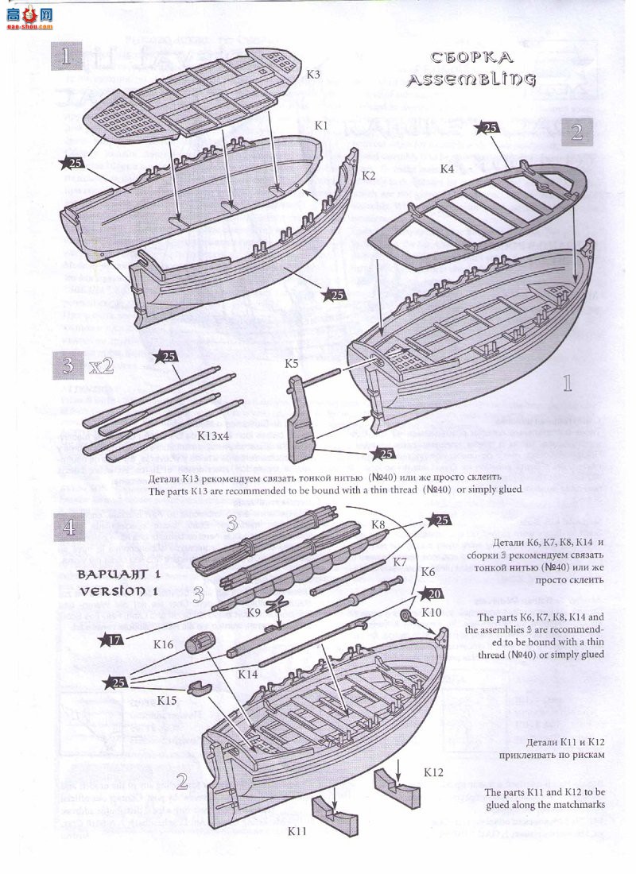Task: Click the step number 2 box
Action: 576,132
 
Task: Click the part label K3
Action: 313,75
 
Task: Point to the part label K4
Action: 447,168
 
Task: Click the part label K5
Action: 292,363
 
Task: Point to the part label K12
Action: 434,772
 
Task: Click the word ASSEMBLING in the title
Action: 471,80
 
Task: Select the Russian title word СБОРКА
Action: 471,57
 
